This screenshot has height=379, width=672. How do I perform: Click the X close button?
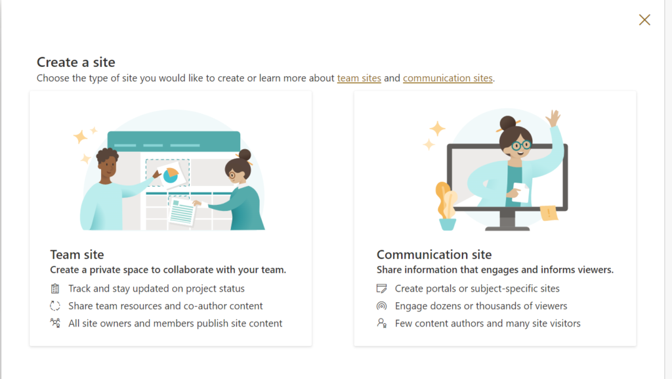pyautogui.click(x=644, y=20)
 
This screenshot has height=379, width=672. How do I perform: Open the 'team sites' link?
pyautogui.click(x=359, y=78)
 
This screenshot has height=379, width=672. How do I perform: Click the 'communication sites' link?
pyautogui.click(x=448, y=78)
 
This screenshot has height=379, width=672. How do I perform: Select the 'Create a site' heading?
pyautogui.click(x=76, y=62)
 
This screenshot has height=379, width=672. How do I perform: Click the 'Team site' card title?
pyautogui.click(x=77, y=255)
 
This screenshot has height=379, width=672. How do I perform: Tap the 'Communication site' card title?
pyautogui.click(x=434, y=255)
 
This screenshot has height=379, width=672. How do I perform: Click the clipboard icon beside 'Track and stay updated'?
pyautogui.click(x=55, y=288)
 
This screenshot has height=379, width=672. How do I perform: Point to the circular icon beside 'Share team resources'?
pyautogui.click(x=55, y=305)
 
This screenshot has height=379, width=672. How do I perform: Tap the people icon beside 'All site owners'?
pyautogui.click(x=55, y=323)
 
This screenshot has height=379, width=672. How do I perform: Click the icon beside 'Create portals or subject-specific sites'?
pyautogui.click(x=381, y=288)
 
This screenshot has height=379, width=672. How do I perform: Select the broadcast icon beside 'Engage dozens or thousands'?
pyautogui.click(x=381, y=305)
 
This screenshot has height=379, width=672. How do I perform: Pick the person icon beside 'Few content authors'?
pyautogui.click(x=381, y=323)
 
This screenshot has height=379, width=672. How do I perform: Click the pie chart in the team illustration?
pyautogui.click(x=171, y=175)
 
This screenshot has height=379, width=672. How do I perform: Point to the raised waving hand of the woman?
pyautogui.click(x=554, y=118)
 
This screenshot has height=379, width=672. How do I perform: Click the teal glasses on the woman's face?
pyautogui.click(x=521, y=146)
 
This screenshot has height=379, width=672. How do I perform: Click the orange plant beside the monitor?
pyautogui.click(x=446, y=200)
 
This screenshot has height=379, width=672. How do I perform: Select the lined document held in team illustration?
pyautogui.click(x=182, y=212)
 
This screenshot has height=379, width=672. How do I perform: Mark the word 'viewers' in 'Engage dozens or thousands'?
pyautogui.click(x=551, y=305)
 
